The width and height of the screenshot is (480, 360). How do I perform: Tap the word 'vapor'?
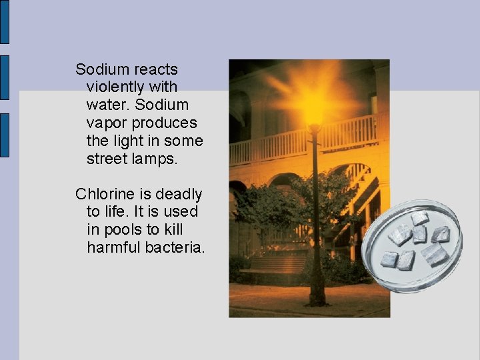[x=107, y=123]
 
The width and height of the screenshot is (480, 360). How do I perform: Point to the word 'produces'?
[x=165, y=123]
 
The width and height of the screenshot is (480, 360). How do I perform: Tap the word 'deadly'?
[x=179, y=194]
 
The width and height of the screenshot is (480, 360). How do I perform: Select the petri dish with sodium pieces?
[x=416, y=244]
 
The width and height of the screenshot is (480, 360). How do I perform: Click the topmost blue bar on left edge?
[x=4, y=21]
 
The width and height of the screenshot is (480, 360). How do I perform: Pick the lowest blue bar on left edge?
[x=4, y=135]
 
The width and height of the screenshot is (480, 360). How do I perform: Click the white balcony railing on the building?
[x=347, y=133]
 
